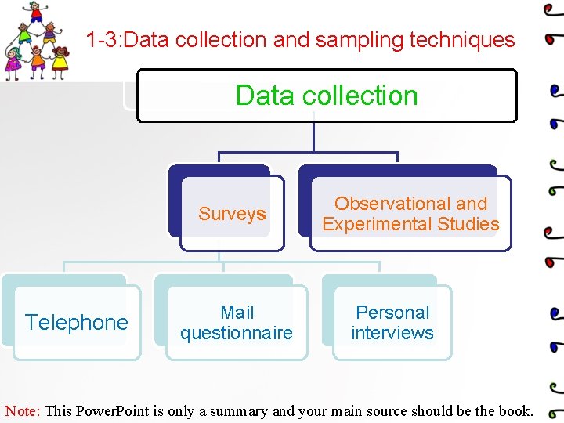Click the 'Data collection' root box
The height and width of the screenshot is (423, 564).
(327, 96)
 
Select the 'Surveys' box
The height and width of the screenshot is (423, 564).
(232, 214)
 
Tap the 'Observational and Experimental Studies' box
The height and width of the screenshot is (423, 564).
(410, 214)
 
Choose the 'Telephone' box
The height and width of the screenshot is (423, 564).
(77, 322)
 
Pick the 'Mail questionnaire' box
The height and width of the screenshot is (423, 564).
(237, 323)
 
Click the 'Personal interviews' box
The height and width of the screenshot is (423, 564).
(392, 323)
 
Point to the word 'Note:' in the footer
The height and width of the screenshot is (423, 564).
(23, 410)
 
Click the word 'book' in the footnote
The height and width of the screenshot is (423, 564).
(513, 410)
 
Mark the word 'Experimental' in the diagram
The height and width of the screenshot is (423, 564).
(371, 224)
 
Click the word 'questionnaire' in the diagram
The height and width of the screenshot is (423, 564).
(237, 333)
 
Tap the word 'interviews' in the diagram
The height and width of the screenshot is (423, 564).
(392, 333)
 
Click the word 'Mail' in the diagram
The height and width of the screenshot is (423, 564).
(237, 313)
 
